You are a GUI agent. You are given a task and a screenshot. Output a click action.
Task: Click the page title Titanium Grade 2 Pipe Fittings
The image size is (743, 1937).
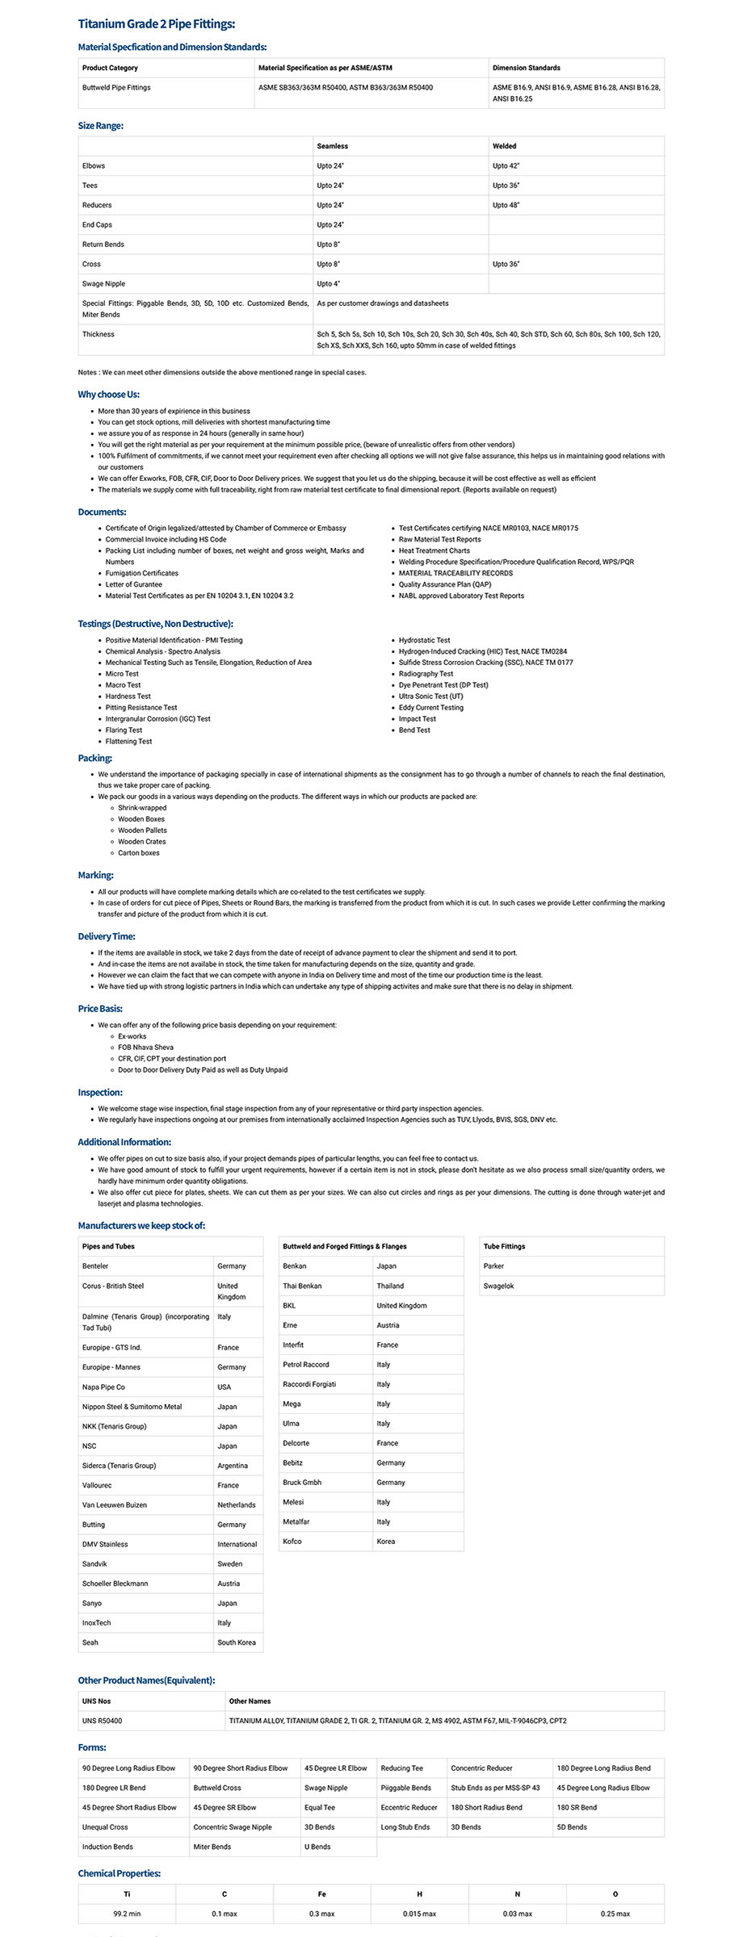(x=157, y=24)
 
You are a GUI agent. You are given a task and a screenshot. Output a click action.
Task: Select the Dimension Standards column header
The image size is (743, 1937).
(x=526, y=68)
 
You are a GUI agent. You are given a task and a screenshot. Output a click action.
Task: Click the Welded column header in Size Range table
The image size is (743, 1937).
(x=504, y=146)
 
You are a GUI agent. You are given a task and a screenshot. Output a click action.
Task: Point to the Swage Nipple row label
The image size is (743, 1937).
(x=103, y=284)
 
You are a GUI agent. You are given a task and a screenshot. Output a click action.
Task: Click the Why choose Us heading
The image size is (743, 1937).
(x=108, y=395)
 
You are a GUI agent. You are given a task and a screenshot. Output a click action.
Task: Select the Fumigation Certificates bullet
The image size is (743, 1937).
(x=141, y=573)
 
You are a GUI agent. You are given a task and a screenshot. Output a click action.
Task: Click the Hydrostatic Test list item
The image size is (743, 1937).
(x=424, y=640)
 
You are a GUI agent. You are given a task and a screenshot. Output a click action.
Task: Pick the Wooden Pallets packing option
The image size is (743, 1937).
(x=142, y=830)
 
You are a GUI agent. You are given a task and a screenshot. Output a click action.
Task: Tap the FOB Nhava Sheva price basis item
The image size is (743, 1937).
(x=145, y=1048)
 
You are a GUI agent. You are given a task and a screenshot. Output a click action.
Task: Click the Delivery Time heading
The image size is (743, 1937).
(x=107, y=937)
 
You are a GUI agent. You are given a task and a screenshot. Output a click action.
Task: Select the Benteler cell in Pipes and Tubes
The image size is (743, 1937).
(x=95, y=1266)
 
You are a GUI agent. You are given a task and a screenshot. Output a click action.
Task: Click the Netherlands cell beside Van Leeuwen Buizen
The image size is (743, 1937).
(x=236, y=1505)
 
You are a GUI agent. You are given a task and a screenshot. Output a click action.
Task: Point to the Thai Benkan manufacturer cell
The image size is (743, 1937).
(x=302, y=1286)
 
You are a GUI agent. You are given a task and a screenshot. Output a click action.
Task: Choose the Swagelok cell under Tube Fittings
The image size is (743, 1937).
(x=498, y=1286)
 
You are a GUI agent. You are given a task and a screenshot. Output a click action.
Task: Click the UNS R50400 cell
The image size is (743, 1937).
(x=102, y=1721)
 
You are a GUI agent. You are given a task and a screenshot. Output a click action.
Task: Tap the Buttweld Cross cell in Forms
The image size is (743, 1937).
(x=217, y=1788)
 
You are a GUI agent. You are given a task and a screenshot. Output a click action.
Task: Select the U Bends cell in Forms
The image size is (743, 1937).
(x=317, y=1847)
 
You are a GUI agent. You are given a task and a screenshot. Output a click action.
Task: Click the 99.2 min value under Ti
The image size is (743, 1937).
(x=127, y=1914)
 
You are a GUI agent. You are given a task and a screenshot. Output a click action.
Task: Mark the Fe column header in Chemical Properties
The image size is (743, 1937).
(x=321, y=1894)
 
